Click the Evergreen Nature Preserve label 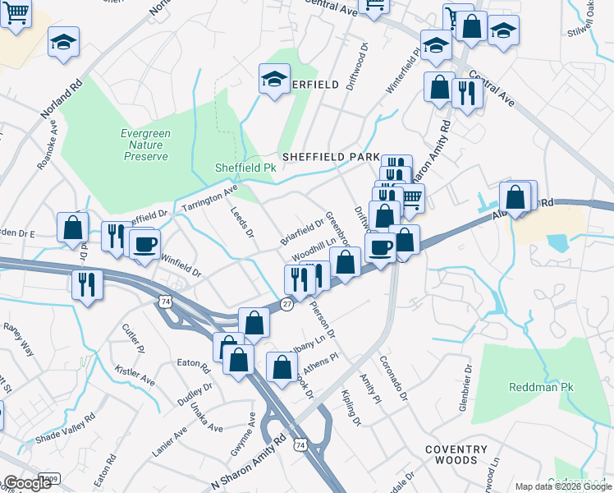pyautogui.click(x=144, y=145)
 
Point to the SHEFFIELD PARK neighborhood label pyautogui.click(x=330, y=156)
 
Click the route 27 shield pyautogui.click(x=286, y=304)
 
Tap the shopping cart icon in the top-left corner pyautogui.click(x=16, y=13)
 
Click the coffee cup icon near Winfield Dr pyautogui.click(x=145, y=244)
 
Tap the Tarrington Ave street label pyautogui.click(x=209, y=197)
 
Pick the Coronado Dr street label pyautogui.click(x=393, y=378)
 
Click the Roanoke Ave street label pyautogui.click(x=48, y=146)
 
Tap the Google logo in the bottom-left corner pyautogui.click(x=26, y=483)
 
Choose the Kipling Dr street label pyautogui.click(x=349, y=408)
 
